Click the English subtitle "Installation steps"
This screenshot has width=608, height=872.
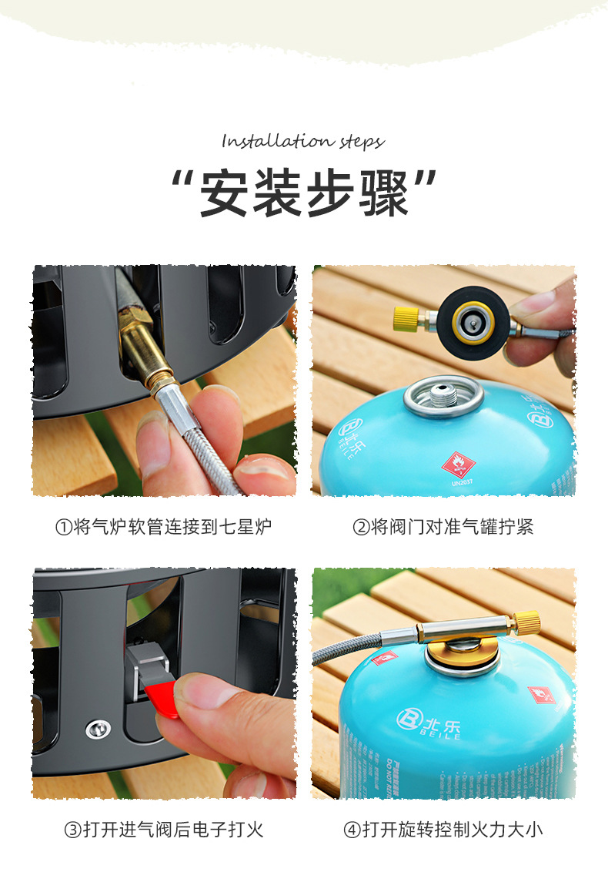[302, 142]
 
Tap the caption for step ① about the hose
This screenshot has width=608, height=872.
[163, 527]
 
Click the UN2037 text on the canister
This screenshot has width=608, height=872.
[462, 483]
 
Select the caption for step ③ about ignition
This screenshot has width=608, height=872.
[163, 830]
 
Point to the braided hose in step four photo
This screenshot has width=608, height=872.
[346, 646]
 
